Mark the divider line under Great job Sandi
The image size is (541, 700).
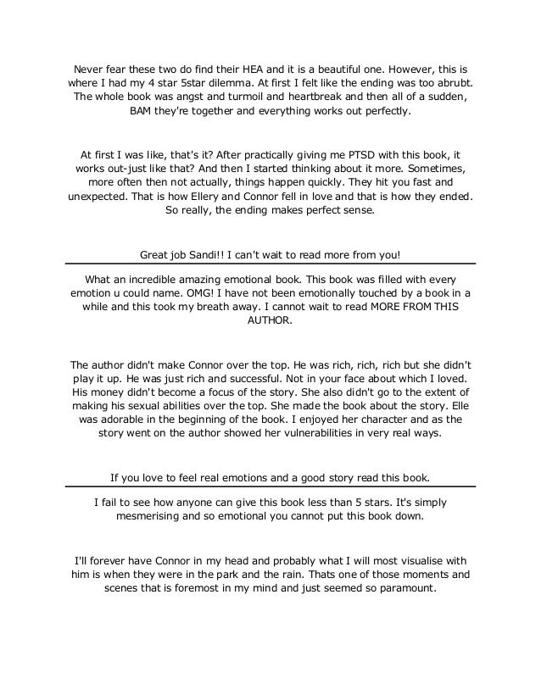(x=270, y=264)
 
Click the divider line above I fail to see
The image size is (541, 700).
(x=270, y=486)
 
